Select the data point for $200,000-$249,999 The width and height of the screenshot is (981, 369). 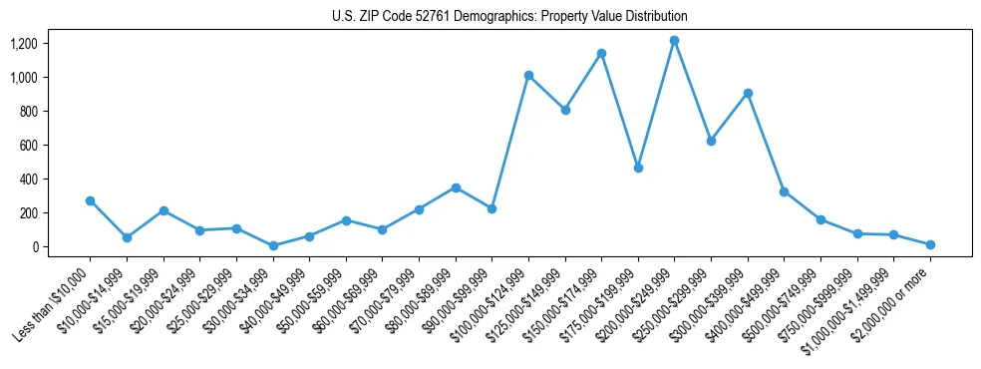pos(674,41)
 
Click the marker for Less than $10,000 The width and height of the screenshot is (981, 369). pos(91,200)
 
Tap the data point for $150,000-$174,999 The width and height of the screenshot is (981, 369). pos(601,53)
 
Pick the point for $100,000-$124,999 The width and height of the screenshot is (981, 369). pos(528,75)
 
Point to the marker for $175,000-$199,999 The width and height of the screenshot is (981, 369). pos(638,168)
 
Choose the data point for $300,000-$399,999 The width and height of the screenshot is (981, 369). pos(748,93)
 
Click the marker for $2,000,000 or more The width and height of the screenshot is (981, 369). pos(930,244)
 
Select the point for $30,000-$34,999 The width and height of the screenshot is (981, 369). pos(273,245)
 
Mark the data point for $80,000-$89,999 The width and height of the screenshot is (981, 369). pos(456,187)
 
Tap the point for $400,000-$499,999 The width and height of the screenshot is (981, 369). pos(784,191)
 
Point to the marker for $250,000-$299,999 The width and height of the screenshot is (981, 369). pos(711,141)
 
